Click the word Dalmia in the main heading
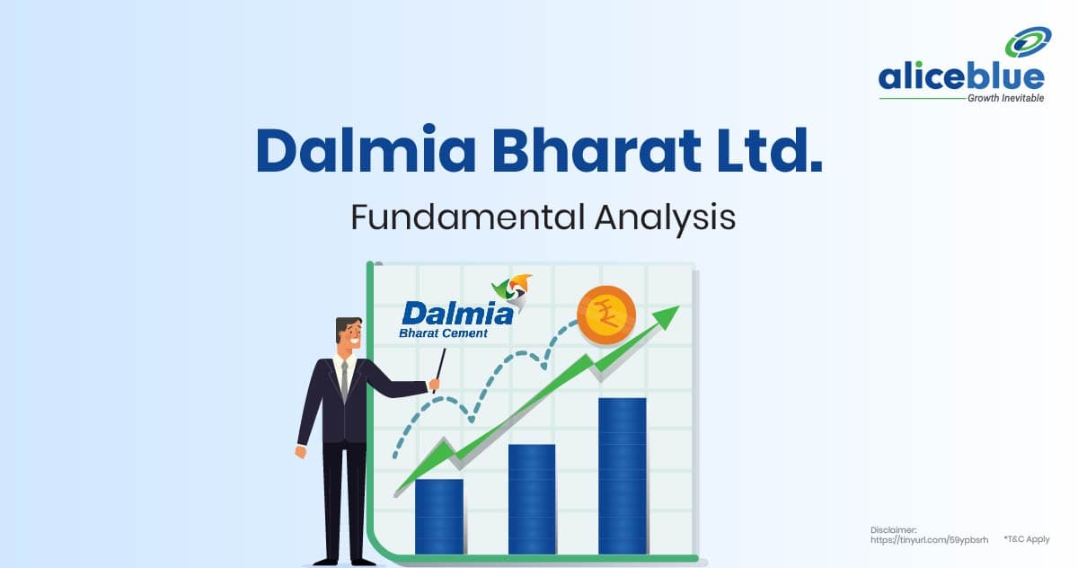click(x=366, y=149)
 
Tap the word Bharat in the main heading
click(x=596, y=149)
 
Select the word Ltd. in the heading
click(x=769, y=149)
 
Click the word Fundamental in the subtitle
click(x=468, y=217)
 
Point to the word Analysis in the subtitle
click(x=665, y=219)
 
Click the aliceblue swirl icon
click(x=1028, y=42)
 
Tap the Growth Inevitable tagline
click(x=1006, y=98)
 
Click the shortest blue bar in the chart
click(x=439, y=517)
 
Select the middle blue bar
click(x=532, y=499)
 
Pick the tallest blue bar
click(x=623, y=476)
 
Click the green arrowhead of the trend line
click(x=666, y=317)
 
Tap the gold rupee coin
click(x=606, y=315)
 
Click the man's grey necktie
click(x=344, y=381)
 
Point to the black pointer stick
click(x=440, y=369)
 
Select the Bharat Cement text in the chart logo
click(x=443, y=333)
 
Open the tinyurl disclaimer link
click(x=929, y=540)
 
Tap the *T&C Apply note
click(x=1027, y=539)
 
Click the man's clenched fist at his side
click(x=301, y=452)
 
